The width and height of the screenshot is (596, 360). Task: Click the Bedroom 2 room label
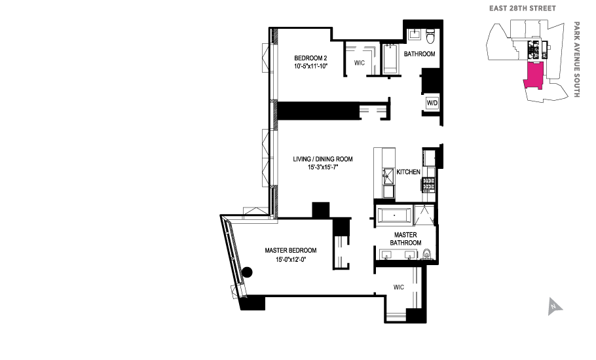(310, 58)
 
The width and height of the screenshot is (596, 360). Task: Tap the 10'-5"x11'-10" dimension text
(310, 66)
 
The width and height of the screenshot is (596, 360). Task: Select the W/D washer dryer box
(432, 103)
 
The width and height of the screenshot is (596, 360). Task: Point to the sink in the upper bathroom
(415, 35)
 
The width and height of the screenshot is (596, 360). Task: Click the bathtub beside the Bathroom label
(390, 58)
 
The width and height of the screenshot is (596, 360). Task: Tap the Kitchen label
(408, 172)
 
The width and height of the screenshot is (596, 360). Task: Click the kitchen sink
(388, 176)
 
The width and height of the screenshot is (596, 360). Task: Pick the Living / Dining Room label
(323, 159)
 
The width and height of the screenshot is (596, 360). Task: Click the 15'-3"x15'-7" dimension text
(323, 167)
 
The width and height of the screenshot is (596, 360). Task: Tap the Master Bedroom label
(291, 250)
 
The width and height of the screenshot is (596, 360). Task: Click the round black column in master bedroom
(248, 272)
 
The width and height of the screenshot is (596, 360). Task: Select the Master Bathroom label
(405, 239)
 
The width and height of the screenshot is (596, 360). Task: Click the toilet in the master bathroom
(427, 254)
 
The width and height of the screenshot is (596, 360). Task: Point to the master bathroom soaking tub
(394, 216)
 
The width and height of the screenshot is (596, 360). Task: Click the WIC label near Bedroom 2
(359, 63)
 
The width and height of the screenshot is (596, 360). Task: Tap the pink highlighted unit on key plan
(534, 75)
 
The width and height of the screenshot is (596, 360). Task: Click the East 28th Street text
(522, 9)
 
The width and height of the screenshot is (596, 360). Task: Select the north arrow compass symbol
(555, 306)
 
